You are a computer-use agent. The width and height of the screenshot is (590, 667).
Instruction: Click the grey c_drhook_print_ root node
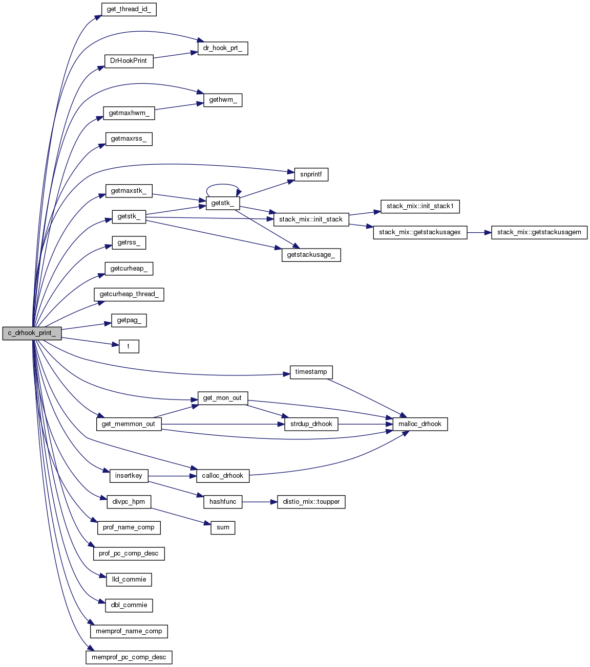click(x=32, y=333)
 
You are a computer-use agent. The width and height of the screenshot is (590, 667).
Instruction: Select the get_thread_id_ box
click(x=129, y=9)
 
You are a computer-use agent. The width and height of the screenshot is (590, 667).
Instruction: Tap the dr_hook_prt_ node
click(x=223, y=49)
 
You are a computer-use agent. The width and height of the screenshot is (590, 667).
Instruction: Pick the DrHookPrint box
click(x=129, y=61)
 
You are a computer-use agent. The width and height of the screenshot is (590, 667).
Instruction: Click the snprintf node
click(x=311, y=174)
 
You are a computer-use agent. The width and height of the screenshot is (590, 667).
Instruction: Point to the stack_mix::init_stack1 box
click(x=420, y=206)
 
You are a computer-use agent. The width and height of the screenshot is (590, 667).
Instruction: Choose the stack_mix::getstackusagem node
click(x=539, y=232)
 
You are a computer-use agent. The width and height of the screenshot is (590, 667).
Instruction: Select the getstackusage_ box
click(x=311, y=255)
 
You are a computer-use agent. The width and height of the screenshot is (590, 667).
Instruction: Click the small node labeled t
click(x=129, y=346)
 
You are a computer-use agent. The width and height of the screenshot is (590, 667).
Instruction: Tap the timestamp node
click(x=311, y=372)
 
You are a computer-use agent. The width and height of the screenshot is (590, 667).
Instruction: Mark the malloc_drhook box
click(x=420, y=424)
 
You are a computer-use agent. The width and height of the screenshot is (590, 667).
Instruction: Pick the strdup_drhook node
click(x=311, y=424)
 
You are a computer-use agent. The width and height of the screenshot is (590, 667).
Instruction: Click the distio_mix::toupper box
click(x=311, y=502)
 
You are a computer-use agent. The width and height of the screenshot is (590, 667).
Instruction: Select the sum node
click(x=223, y=527)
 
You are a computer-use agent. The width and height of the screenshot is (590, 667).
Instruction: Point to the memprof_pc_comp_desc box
click(x=129, y=657)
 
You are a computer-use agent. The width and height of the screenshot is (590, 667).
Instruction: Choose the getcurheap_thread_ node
click(x=129, y=294)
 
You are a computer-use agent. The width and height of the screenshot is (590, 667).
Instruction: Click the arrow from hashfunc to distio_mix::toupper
click(x=259, y=502)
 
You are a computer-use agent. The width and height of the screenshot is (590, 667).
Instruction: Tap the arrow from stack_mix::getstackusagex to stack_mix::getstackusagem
click(x=479, y=232)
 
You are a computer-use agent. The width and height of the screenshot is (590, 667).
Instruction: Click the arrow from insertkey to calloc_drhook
click(x=172, y=476)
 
